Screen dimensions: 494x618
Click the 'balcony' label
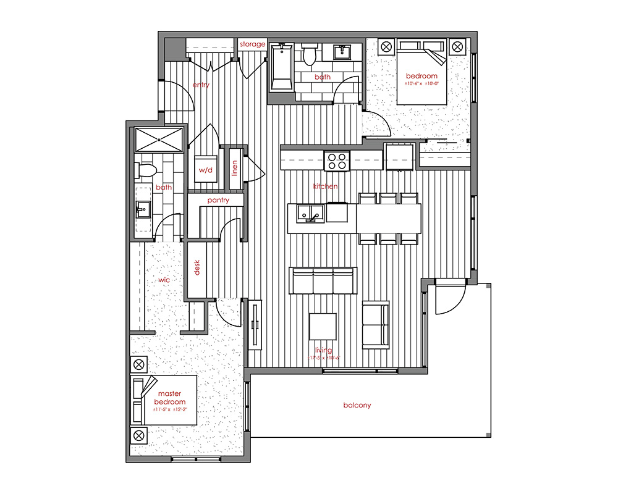click(357, 406)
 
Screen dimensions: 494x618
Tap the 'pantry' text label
click(218, 200)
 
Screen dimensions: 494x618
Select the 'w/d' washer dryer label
click(205, 170)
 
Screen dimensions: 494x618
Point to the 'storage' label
click(253, 44)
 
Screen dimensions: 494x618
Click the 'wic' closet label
click(164, 280)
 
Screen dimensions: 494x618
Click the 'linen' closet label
click(235, 167)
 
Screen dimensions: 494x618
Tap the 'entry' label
click(201, 85)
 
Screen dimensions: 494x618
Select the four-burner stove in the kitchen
click(337, 161)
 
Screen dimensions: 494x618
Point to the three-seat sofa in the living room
click(323, 281)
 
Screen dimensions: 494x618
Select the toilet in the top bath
click(310, 55)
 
